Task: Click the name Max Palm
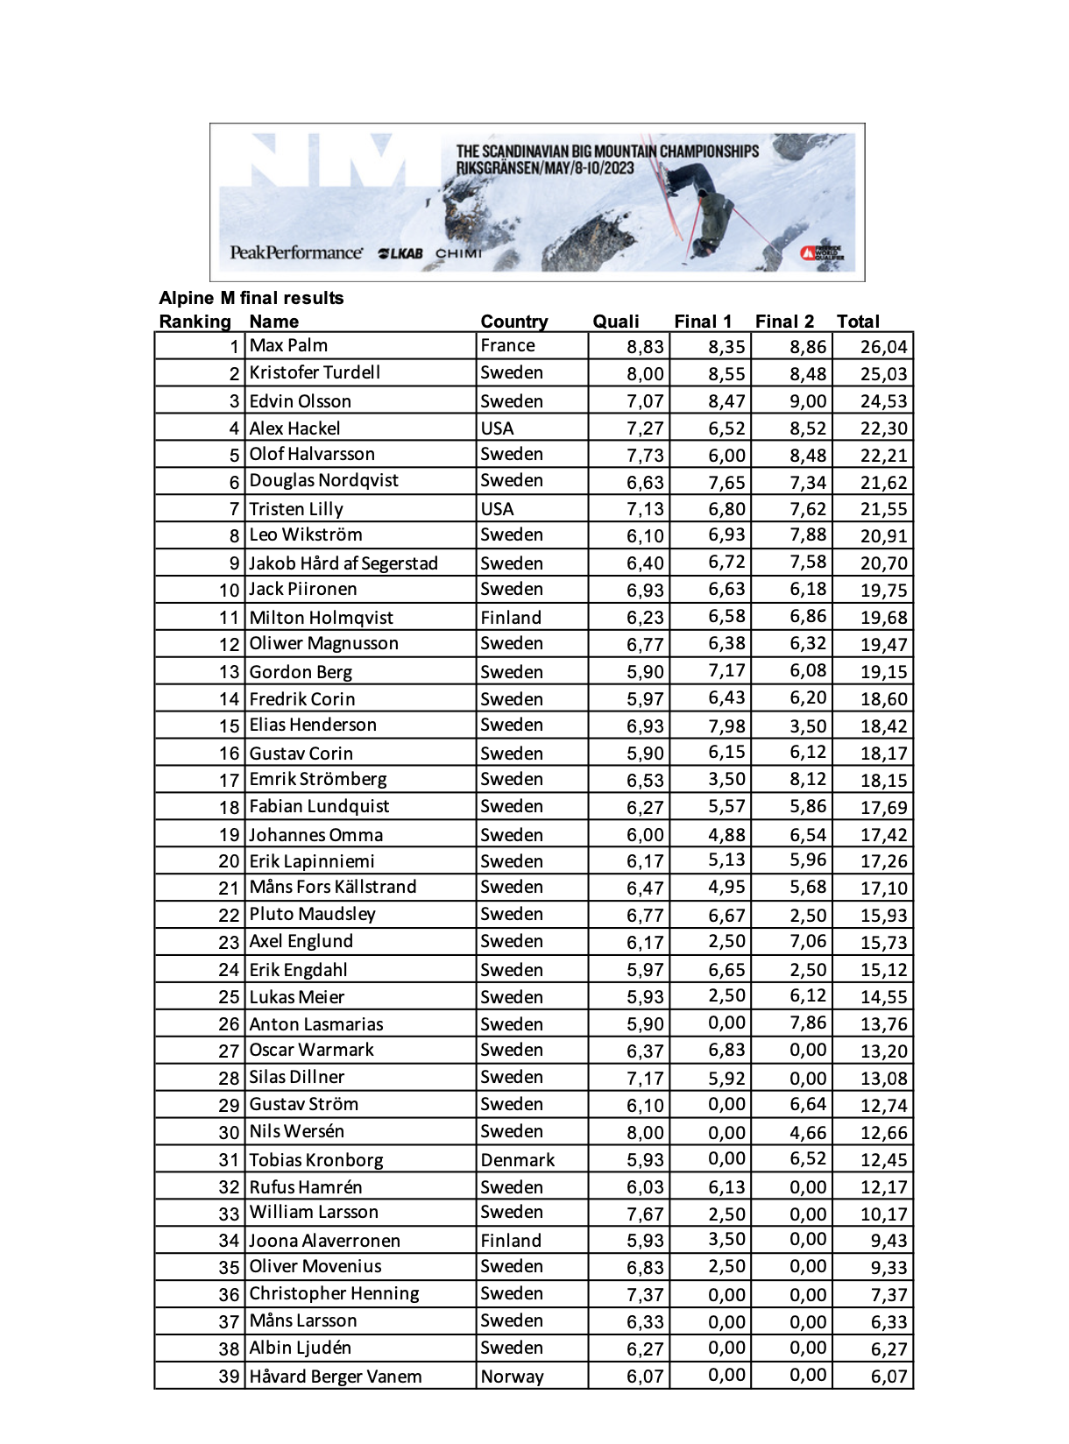tap(288, 345)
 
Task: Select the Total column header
tap(858, 322)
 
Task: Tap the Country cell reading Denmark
tap(517, 1160)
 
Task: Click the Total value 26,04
tap(883, 347)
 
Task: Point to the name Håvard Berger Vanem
tap(336, 1377)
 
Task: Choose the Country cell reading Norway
tap(512, 1377)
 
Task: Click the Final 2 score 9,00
tap(808, 401)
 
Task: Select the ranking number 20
tap(229, 861)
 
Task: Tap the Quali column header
tap(616, 322)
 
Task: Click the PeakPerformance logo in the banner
tap(296, 252)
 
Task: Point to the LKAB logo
tap(400, 254)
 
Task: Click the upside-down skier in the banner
tap(705, 210)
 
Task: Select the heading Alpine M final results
tap(251, 298)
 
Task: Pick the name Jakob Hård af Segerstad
tap(343, 563)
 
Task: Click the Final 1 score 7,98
tap(726, 726)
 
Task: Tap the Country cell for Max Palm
tap(507, 345)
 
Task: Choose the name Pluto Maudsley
tap(312, 914)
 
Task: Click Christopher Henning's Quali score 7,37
tap(645, 1295)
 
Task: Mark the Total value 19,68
tap(883, 618)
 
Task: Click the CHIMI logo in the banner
tap(458, 254)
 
